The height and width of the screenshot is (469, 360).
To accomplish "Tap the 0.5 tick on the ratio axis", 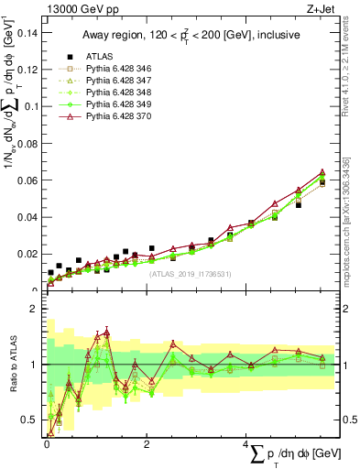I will [35, 420].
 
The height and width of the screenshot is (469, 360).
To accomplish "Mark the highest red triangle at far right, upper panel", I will [322, 171].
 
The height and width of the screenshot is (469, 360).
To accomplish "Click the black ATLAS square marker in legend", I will [65, 57].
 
